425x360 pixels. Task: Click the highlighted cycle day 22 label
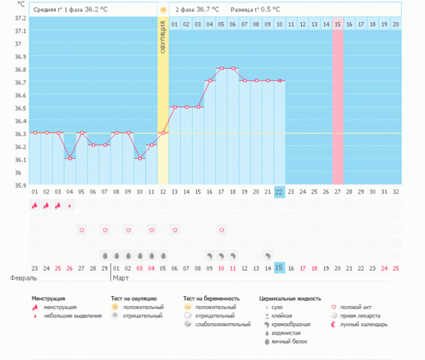pos(279,192)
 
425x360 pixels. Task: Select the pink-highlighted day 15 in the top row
pos(338,24)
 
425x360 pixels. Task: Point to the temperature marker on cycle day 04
pos(69,159)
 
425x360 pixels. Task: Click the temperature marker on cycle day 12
pos(163,133)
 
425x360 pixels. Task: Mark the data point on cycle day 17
pos(221,68)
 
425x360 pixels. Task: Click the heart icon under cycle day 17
pos(221,230)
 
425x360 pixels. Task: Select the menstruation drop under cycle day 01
pos(35,206)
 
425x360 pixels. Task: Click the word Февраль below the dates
pos(19,279)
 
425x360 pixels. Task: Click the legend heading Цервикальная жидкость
pos(290,298)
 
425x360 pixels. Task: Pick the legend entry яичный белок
pos(286,341)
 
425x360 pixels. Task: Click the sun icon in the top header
pos(163,10)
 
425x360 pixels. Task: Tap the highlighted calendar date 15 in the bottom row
pos(279,267)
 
